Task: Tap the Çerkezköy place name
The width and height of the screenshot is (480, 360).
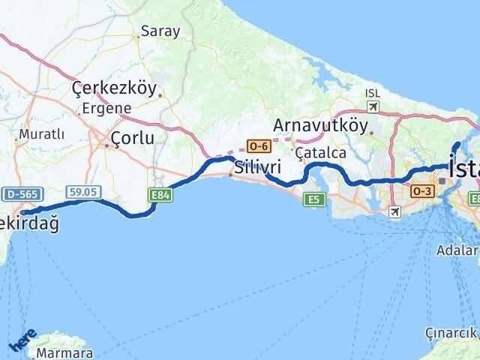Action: (x=115, y=88)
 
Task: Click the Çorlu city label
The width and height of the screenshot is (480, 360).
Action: (x=132, y=138)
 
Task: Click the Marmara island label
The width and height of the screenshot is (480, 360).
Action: (x=67, y=353)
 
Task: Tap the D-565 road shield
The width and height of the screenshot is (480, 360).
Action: (x=21, y=193)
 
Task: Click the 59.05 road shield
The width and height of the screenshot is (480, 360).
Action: (x=83, y=193)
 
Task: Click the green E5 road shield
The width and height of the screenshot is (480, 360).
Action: (x=313, y=199)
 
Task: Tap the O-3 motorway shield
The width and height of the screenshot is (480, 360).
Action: (x=419, y=192)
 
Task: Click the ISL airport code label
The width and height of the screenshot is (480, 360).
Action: (x=372, y=93)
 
